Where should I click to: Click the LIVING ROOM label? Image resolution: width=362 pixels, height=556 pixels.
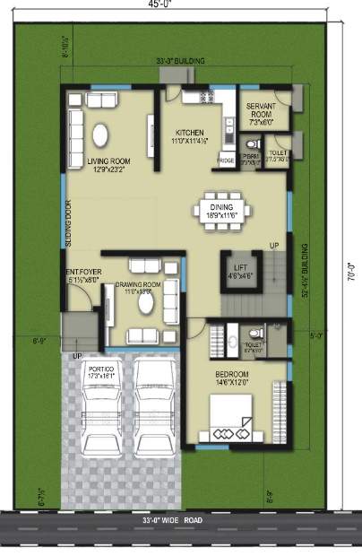109,161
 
